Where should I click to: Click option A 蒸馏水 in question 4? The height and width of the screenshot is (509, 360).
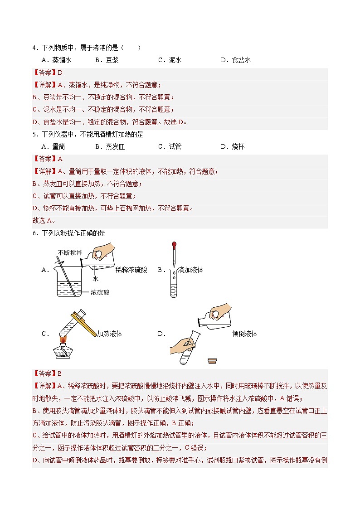(56, 60)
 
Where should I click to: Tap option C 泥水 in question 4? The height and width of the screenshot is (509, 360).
(170, 60)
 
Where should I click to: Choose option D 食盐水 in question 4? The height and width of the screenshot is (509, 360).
(236, 60)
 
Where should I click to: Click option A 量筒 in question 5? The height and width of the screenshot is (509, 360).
(53, 146)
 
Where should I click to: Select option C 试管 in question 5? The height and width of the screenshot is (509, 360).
(170, 146)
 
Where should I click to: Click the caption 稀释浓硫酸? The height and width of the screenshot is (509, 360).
(131, 270)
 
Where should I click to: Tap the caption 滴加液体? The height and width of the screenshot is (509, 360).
(190, 270)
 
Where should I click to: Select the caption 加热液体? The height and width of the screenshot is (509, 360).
(109, 334)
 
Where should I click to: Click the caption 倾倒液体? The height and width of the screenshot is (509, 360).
(244, 334)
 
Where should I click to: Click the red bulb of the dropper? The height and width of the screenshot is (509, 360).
(173, 246)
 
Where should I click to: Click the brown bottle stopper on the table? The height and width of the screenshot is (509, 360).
(212, 361)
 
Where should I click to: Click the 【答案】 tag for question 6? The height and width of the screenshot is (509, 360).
(44, 373)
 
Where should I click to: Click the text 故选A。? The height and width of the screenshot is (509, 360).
(44, 221)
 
